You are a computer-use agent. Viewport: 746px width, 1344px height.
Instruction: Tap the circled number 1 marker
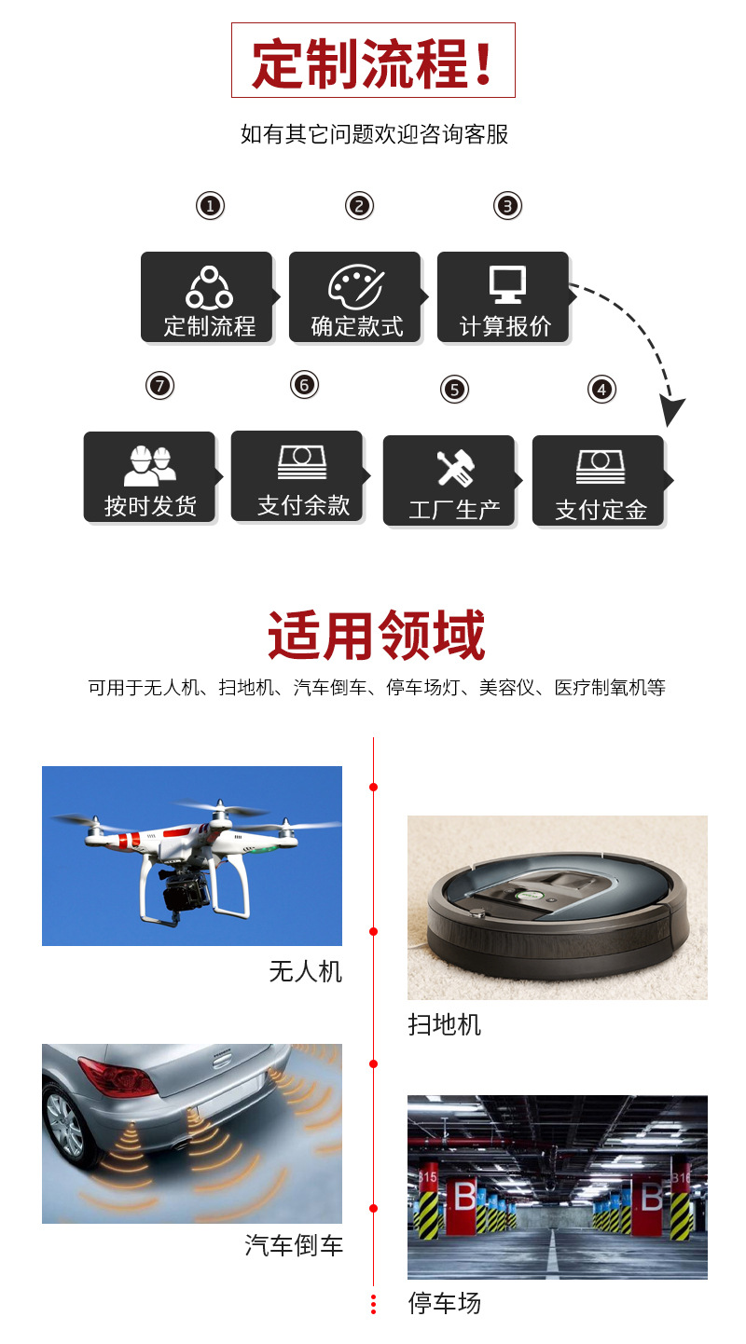tap(211, 205)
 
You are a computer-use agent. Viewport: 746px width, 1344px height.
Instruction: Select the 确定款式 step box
tap(357, 297)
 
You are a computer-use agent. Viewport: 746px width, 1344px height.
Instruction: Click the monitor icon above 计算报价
tap(507, 284)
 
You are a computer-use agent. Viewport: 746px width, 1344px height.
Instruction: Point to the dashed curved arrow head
tap(671, 410)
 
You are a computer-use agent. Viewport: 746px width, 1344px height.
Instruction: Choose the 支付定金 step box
tap(599, 481)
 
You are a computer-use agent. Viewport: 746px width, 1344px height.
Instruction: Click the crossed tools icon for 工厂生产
tap(455, 468)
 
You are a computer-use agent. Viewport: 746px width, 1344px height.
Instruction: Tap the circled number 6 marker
tap(304, 384)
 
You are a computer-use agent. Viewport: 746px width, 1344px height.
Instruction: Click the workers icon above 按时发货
tap(149, 464)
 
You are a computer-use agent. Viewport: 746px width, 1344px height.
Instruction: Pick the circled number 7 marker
tap(160, 384)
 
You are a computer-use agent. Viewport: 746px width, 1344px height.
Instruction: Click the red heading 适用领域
tap(376, 637)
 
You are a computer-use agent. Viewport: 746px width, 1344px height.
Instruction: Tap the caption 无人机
tap(305, 971)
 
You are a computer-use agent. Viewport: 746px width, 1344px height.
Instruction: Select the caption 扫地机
tap(444, 1024)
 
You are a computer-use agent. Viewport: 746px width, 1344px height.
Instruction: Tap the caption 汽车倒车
tap(294, 1245)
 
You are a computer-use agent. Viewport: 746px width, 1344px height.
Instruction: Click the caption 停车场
tap(444, 1302)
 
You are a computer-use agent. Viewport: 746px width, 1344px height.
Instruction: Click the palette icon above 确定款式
tap(355, 284)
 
